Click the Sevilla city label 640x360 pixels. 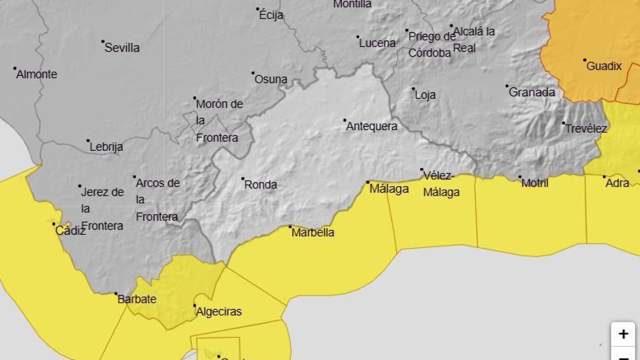[122, 48]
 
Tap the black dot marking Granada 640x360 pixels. [507, 86]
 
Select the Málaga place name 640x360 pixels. [389, 188]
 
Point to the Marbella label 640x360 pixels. [312, 232]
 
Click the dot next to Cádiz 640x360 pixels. [54, 224]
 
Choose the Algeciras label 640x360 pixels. [219, 311]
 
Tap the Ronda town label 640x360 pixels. [260, 184]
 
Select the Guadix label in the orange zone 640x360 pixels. [604, 66]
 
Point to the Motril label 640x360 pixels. [535, 183]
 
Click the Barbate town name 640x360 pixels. [137, 299]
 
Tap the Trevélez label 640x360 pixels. [586, 129]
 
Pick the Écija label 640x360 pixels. [271, 15]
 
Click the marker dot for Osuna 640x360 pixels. [253, 73]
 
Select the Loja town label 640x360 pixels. [425, 94]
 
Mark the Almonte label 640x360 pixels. [37, 74]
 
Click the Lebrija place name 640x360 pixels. [106, 147]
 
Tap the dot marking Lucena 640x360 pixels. [358, 37]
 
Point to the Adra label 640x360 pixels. [617, 183]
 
